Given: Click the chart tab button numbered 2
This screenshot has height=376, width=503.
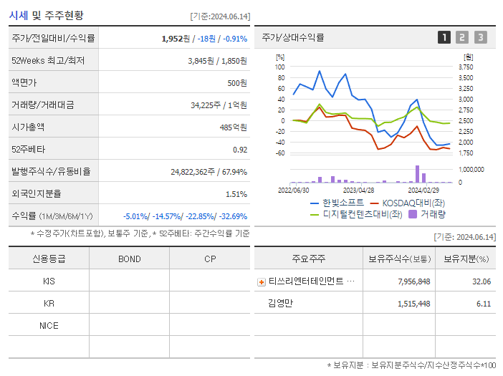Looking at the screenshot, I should [462, 37].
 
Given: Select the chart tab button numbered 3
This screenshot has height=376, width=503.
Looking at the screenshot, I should [480, 37].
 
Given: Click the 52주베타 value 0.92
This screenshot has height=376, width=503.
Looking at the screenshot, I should [240, 149].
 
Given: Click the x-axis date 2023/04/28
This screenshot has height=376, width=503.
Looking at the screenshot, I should [358, 191].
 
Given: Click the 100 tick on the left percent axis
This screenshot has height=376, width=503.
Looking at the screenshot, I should [280, 67].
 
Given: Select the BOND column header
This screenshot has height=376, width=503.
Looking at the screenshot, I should [129, 259].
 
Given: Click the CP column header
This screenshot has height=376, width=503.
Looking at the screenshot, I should [209, 259].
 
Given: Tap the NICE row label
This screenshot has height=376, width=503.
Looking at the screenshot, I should [49, 325].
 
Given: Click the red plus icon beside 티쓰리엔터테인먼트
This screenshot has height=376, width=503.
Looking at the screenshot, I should [261, 281].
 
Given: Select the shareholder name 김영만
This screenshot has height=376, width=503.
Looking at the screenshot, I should [281, 304].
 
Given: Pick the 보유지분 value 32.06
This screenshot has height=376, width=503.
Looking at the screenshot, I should [482, 281].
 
